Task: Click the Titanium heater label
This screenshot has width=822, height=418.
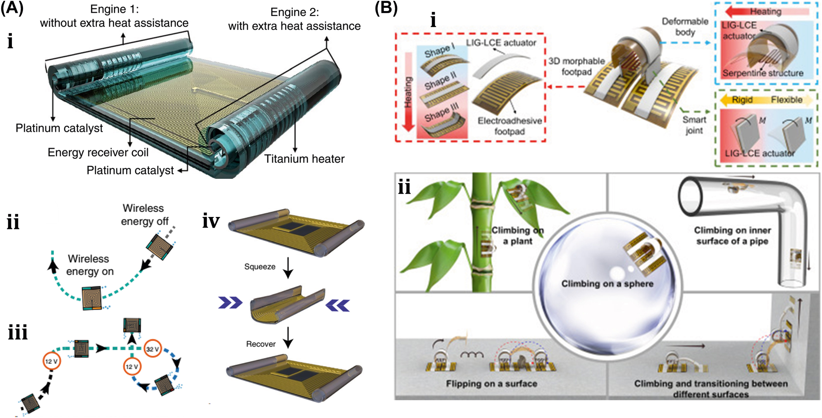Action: pyautogui.click(x=304, y=159)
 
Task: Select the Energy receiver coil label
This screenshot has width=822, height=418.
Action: pyautogui.click(x=98, y=152)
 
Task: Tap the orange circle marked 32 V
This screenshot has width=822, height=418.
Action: pyautogui.click(x=152, y=349)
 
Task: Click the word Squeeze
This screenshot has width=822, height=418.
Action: pyautogui.click(x=260, y=267)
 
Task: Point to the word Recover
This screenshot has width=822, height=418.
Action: pyautogui.click(x=260, y=344)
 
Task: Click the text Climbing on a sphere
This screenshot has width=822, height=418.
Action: pyautogui.click(x=607, y=284)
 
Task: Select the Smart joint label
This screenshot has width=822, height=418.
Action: pyautogui.click(x=694, y=125)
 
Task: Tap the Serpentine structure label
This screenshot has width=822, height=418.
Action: pyautogui.click(x=762, y=73)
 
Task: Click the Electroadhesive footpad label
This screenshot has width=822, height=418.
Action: pyautogui.click(x=509, y=126)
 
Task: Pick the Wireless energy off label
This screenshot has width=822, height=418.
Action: pyautogui.click(x=144, y=215)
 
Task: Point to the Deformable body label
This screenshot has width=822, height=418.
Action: pyautogui.click(x=685, y=27)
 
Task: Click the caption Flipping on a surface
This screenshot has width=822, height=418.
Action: pyautogui.click(x=491, y=384)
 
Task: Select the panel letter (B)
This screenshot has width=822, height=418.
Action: pyautogui.click(x=386, y=8)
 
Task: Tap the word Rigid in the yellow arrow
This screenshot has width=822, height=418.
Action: pyautogui.click(x=742, y=100)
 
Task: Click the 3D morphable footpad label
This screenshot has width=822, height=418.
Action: pyautogui.click(x=576, y=66)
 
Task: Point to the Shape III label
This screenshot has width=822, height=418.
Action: pyautogui.click(x=441, y=112)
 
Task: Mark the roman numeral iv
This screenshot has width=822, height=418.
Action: pyautogui.click(x=211, y=221)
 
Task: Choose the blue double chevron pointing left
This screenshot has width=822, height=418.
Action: pyautogui.click(x=337, y=306)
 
